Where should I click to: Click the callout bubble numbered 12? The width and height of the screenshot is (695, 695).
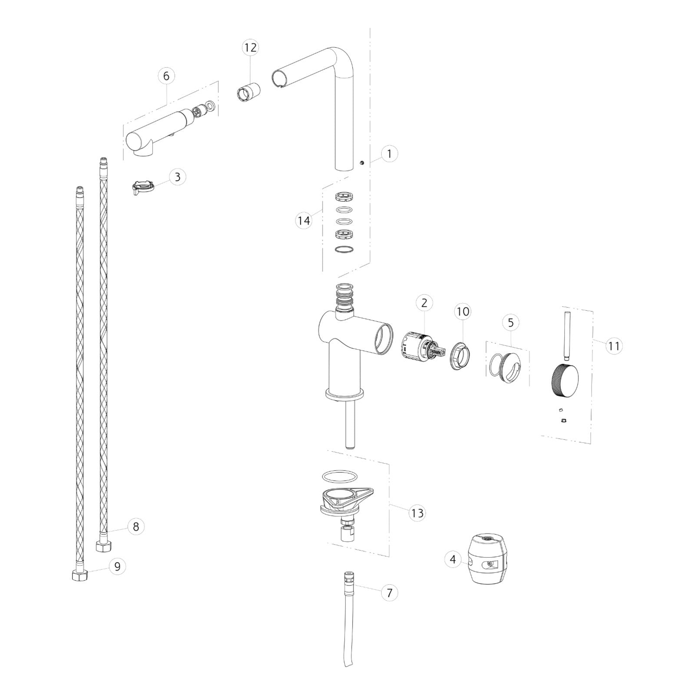250,47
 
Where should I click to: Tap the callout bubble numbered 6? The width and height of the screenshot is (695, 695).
166,76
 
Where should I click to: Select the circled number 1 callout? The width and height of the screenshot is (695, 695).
389,153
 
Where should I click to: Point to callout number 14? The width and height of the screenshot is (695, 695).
304,221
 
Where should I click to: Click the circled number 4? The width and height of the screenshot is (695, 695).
453,559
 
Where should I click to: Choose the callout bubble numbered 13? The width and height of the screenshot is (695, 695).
417,513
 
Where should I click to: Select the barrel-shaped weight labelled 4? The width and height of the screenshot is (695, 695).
488,559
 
